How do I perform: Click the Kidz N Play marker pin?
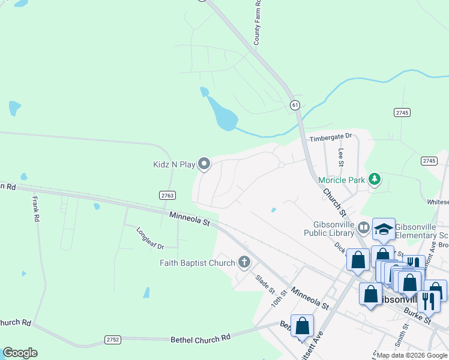coord(204,164)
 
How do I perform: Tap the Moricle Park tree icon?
coord(375,179)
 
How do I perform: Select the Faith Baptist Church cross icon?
coord(244,262)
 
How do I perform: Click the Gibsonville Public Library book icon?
coord(364,227)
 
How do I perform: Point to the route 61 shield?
coord(294,105)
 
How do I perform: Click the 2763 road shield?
coord(167,196)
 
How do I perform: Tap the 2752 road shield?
coord(113,340)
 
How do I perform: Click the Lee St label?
coord(341,158)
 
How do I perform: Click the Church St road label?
coord(334,203)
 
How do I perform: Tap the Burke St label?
coord(418,317)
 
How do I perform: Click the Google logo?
coord(20,353)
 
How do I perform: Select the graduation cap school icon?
coord(384,229)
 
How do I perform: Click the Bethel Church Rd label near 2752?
coord(201,338)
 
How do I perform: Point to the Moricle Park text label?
coord(342,179)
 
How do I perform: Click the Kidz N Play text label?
coord(174,164)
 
